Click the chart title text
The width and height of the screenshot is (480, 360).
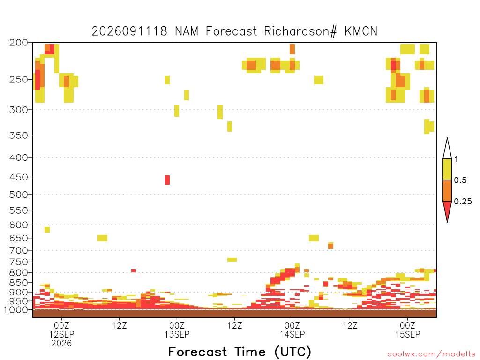[234, 31]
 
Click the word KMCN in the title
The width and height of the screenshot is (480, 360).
[361, 31]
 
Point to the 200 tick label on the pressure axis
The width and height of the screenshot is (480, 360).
[19, 43]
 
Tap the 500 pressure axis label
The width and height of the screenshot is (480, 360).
[19, 195]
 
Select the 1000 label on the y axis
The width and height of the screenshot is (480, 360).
[16, 310]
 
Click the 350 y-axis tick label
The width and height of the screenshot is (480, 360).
[19, 135]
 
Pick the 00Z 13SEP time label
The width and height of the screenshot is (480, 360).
[177, 330]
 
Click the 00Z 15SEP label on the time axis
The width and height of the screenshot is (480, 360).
[407, 330]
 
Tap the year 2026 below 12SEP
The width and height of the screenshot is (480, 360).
[61, 344]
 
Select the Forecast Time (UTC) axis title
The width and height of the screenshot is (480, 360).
[240, 352]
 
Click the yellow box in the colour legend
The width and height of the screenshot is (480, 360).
[447, 169]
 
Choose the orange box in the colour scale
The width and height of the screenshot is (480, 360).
[447, 190]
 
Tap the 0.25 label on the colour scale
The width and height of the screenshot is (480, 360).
[463, 202]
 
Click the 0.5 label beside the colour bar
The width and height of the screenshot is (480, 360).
[460, 180]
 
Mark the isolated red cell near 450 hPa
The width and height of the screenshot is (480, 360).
[167, 180]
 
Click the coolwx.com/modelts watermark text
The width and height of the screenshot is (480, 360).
[431, 354]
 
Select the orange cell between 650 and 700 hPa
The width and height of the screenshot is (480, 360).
[330, 246]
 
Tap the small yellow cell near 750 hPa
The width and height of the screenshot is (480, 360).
[232, 260]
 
